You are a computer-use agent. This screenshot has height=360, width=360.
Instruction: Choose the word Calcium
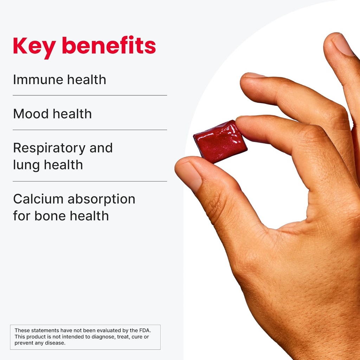(38, 199)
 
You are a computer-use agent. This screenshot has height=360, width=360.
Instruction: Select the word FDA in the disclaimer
(143, 330)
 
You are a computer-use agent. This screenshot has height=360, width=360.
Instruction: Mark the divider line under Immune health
(90, 95)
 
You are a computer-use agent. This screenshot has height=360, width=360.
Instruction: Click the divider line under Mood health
(90, 130)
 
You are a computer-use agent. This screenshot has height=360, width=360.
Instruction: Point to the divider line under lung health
(90, 181)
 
